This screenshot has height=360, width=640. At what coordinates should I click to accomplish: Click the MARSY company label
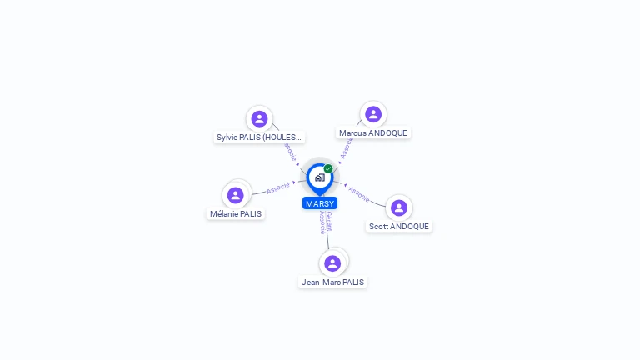click(320, 203)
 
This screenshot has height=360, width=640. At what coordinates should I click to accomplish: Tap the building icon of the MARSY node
click(320, 177)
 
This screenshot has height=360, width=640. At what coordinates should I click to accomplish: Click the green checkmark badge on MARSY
click(328, 169)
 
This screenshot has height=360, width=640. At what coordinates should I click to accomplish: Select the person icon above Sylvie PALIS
click(259, 118)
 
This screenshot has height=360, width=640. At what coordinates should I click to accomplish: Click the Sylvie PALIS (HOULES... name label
click(259, 137)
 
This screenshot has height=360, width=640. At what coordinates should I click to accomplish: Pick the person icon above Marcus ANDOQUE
click(373, 114)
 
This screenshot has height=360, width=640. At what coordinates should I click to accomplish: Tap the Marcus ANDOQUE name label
click(373, 132)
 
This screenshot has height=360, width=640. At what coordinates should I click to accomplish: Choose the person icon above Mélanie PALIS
click(236, 195)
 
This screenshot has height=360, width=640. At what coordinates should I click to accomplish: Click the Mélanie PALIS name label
click(236, 213)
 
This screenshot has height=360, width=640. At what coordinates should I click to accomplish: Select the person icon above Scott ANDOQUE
click(399, 207)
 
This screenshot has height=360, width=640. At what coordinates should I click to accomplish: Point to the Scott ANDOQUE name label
click(399, 226)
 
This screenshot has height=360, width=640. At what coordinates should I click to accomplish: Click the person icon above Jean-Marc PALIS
click(332, 263)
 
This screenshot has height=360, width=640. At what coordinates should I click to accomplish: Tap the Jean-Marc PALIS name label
click(332, 282)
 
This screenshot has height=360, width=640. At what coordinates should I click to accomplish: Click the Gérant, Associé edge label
click(326, 222)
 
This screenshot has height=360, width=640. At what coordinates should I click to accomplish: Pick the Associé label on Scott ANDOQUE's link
click(359, 193)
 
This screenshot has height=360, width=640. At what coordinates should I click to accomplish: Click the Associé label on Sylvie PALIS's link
click(289, 152)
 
